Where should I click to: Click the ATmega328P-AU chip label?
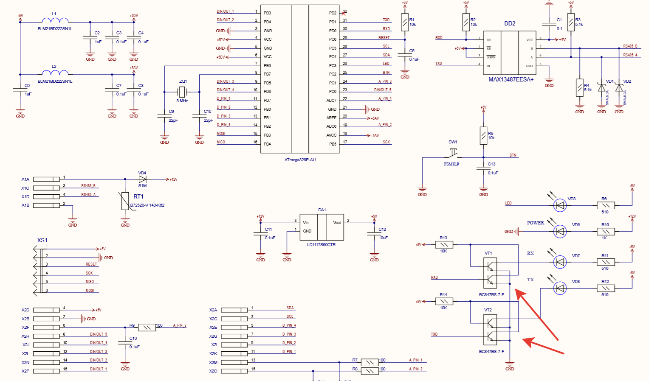300,160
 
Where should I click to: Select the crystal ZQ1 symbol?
182,92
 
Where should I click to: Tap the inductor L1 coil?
55,20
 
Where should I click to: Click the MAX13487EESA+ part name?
511,79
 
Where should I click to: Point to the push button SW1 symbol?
453,153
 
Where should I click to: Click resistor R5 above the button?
483,135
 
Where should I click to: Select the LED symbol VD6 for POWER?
560,232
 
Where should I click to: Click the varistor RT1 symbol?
125,201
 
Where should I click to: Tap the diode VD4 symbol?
142,179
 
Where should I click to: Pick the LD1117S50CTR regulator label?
321,245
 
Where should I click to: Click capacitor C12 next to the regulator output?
374,233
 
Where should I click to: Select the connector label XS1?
42,240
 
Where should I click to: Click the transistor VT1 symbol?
490,273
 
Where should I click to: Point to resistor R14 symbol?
444,301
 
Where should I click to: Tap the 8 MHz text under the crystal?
182,101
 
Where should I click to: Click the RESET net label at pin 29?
384,37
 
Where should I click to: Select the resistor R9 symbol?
147,328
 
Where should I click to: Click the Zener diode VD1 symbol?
601,88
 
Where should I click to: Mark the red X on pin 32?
344,13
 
